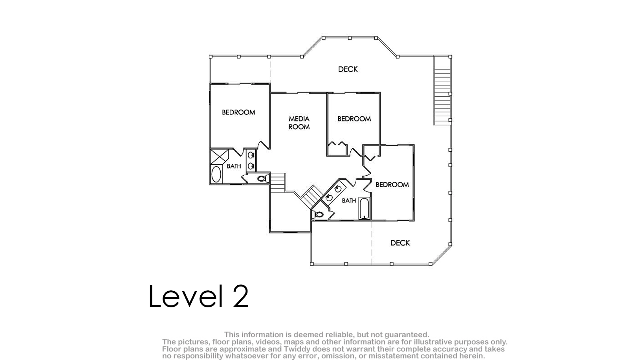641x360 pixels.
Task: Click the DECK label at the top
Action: (348, 69)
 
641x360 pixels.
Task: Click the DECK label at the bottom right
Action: (400, 243)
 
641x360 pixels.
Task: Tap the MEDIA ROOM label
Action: (299, 123)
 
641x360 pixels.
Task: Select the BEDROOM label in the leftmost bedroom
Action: (238, 112)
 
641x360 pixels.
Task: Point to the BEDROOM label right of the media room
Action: (354, 119)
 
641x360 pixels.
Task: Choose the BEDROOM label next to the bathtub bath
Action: (392, 185)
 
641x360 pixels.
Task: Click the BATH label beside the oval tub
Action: (234, 166)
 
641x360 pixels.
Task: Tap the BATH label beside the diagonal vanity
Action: (349, 201)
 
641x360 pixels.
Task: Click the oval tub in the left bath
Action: (216, 174)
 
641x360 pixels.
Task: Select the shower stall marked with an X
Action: (220, 157)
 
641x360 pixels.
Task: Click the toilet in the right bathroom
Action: (317, 214)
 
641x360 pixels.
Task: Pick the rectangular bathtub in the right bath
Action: (364, 208)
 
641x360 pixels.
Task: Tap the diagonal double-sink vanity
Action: (333, 193)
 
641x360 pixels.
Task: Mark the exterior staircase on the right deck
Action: (442, 90)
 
